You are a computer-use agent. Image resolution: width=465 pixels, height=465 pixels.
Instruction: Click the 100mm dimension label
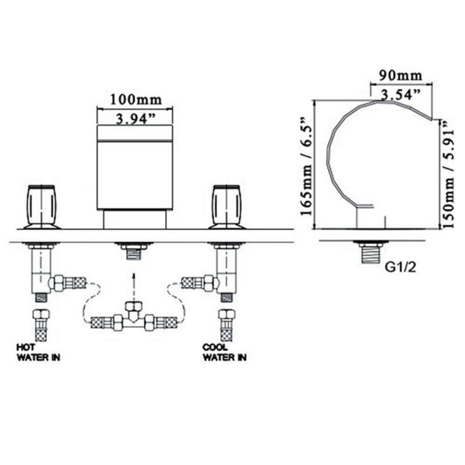[x=136, y=99]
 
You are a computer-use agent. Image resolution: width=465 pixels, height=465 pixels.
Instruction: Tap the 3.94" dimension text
[x=135, y=119]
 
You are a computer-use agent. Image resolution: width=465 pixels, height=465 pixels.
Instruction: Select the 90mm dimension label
[x=400, y=76]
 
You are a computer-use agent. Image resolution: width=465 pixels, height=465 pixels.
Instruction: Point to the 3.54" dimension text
[x=400, y=95]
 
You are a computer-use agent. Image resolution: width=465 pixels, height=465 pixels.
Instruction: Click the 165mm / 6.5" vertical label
[x=307, y=167]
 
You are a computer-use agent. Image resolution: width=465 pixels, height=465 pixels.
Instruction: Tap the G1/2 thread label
[x=400, y=268]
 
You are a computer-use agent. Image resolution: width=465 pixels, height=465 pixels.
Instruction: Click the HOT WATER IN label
[x=38, y=352]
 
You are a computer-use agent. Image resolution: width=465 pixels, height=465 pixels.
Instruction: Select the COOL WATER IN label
[x=224, y=352]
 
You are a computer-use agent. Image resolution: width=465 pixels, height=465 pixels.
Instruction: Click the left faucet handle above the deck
[x=41, y=207]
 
